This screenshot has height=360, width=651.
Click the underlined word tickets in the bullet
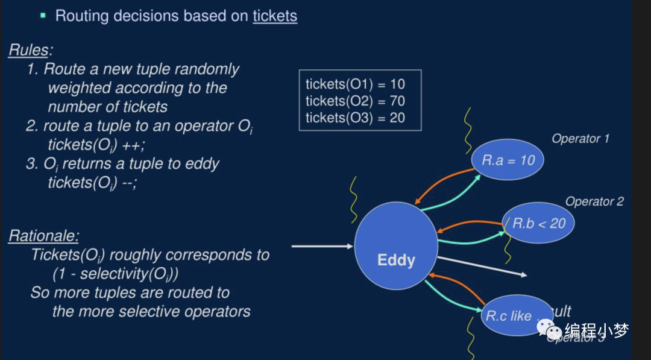pos(275,16)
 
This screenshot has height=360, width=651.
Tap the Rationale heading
pos(43,236)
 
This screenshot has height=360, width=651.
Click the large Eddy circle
pos(395,248)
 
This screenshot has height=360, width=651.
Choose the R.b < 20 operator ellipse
pos(538,224)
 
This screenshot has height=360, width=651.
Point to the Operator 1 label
pos(580,139)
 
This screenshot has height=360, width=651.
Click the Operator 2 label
pos(594,201)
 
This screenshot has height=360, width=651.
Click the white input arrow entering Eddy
pos(322,246)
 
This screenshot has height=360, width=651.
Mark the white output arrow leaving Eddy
pos(482,267)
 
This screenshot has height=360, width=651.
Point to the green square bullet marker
pos(43,15)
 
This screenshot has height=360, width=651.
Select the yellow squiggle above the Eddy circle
pos(354,198)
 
